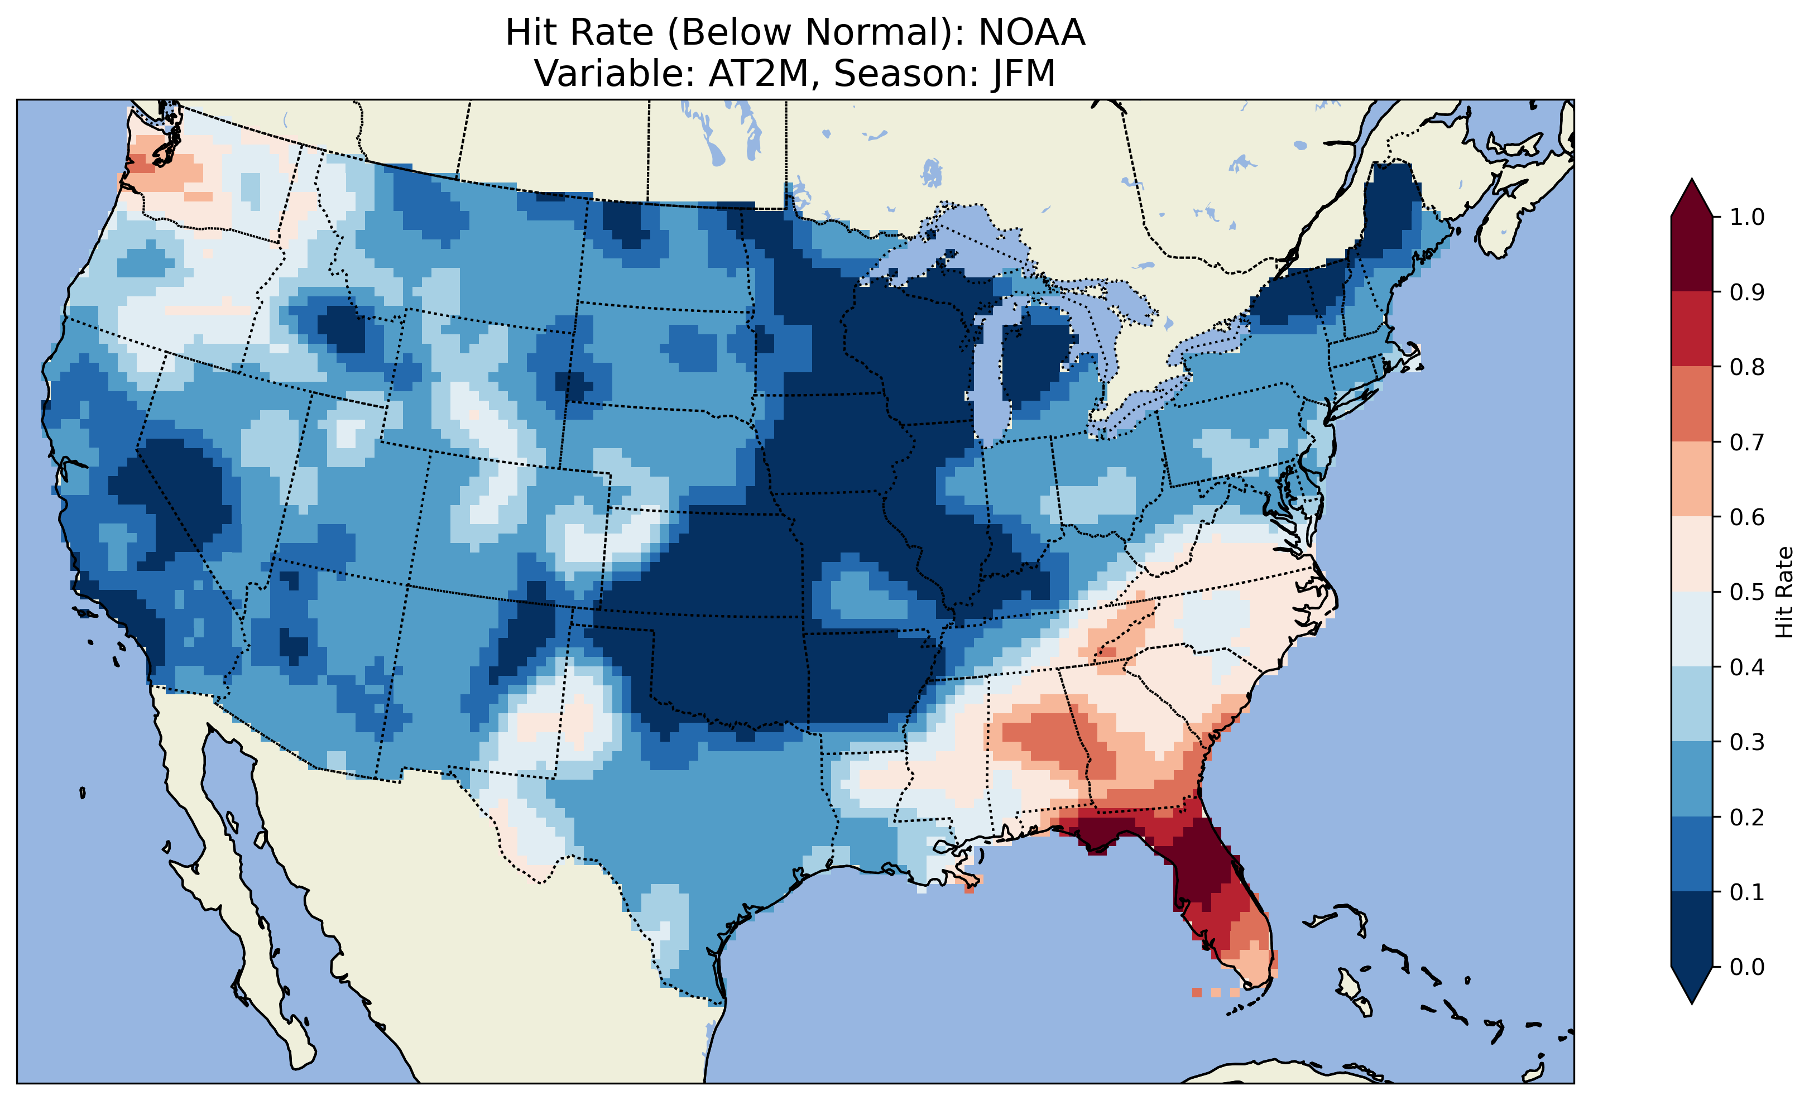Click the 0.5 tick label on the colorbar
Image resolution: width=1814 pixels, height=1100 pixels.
1746,592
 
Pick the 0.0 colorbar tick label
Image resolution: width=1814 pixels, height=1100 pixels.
1746,967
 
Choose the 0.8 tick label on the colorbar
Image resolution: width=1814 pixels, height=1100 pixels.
1746,367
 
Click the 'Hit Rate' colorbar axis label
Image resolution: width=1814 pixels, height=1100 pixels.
1783,592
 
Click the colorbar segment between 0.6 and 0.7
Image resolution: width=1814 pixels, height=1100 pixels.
1691,479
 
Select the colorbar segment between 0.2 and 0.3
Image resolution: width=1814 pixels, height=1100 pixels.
1691,779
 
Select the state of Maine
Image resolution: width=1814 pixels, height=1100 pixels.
1391,214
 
